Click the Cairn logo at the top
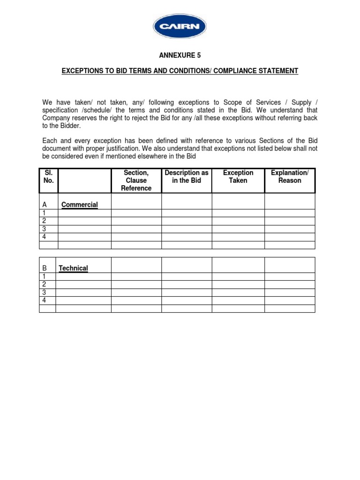(180, 27)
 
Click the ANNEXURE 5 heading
(180, 55)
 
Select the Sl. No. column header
(48, 177)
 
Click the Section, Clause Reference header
(136, 180)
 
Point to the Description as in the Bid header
(187, 177)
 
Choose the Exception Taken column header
(238, 177)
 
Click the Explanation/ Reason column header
(290, 177)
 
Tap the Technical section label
(73, 268)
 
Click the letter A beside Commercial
(45, 205)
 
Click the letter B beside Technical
(45, 268)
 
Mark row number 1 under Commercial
(44, 213)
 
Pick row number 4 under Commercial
(44, 237)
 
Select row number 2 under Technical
(44, 285)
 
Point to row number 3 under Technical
(44, 292)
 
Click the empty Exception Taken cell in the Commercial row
(238, 202)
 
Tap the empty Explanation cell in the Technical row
(290, 265)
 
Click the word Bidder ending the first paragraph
(70, 126)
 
